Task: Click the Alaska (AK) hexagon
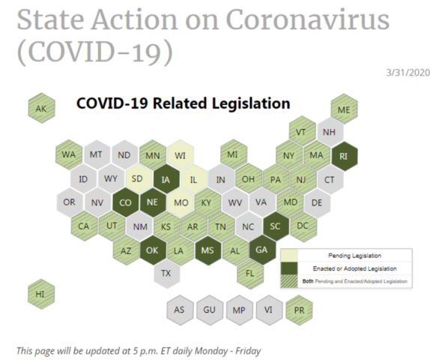[x=41, y=108]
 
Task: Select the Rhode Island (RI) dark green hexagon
[x=345, y=156]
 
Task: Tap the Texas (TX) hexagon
[x=166, y=273]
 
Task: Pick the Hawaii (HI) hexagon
[x=41, y=294]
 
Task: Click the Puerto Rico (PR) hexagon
[x=299, y=310]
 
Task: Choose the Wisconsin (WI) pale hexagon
[x=181, y=155]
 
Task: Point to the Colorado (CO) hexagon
[x=126, y=202]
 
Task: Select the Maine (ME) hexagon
[x=345, y=109]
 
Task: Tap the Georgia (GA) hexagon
[x=262, y=250]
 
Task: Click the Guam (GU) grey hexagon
[x=209, y=310]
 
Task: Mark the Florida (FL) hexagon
[x=250, y=273]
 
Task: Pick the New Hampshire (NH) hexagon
[x=330, y=132]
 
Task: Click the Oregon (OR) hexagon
[x=70, y=202]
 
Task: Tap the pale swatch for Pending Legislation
[x=289, y=256]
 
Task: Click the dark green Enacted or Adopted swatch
[x=289, y=268]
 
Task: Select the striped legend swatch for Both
[x=289, y=281]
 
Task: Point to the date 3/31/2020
[x=408, y=73]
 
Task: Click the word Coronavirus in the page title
[x=307, y=20]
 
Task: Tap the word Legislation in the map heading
[x=251, y=103]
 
